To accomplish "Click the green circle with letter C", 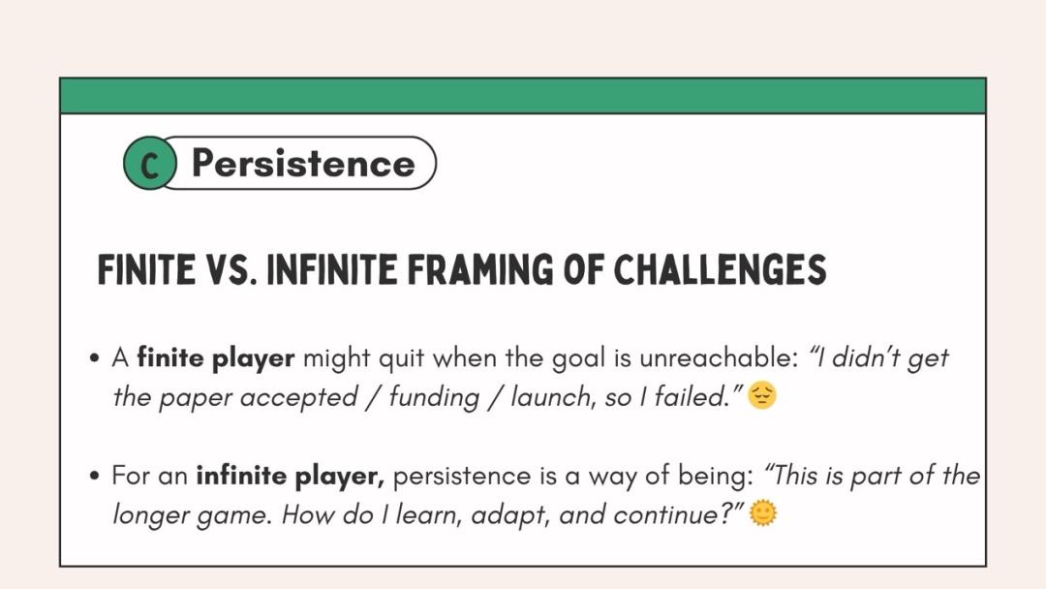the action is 150,164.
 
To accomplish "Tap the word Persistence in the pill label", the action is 303,164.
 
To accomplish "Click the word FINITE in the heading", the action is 146,269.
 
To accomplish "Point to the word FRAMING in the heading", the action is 480,269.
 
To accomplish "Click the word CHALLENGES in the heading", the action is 720,269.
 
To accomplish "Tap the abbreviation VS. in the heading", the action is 231,269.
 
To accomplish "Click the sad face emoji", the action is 762,395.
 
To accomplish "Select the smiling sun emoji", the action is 763,513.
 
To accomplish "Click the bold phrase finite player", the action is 215,358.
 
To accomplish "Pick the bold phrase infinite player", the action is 291,477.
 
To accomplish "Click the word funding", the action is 434,397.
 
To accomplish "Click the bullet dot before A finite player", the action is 94,358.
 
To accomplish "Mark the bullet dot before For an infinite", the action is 94,477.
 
